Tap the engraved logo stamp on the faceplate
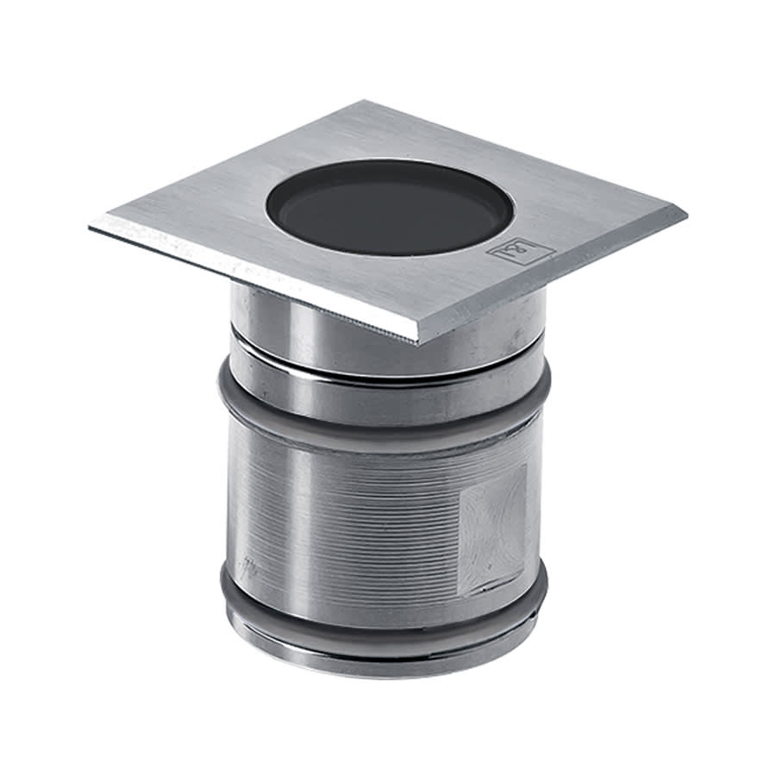click(x=520, y=251)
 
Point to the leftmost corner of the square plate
click(x=91, y=226)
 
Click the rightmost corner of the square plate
click(x=685, y=211)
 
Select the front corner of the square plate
click(x=416, y=339)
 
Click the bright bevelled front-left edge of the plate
click(x=250, y=281)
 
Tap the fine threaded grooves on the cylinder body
click(x=362, y=517)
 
